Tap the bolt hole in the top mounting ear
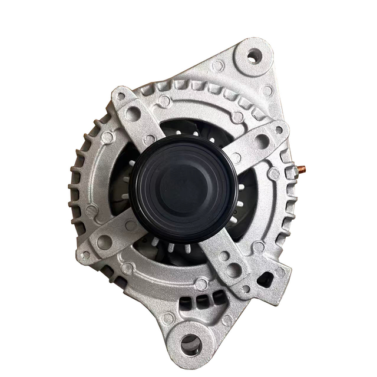(x=254, y=56)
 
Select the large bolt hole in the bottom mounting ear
(x=190, y=344)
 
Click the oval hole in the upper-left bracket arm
(x=134, y=114)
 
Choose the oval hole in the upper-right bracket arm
(x=262, y=141)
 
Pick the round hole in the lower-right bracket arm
(x=234, y=270)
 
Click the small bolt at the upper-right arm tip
(x=279, y=130)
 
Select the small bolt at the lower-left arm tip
(x=86, y=255)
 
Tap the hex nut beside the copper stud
(x=290, y=172)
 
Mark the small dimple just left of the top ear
(x=217, y=65)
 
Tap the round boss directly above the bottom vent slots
(x=201, y=284)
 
